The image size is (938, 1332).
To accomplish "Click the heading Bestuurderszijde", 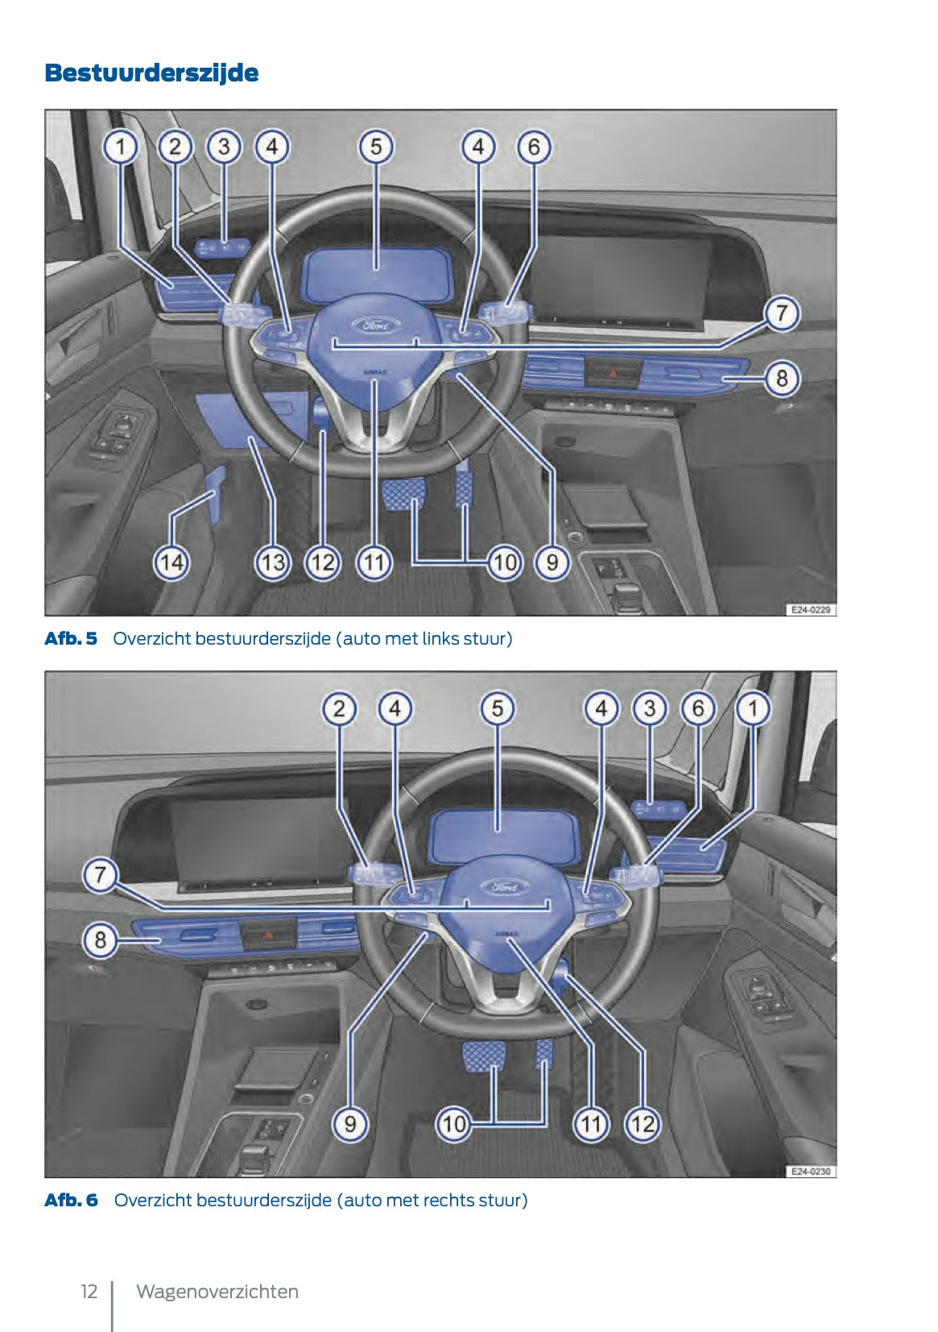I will pos(151,73).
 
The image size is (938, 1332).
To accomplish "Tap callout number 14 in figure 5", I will pos(171,562).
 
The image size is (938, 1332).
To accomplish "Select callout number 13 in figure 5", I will pos(272,562).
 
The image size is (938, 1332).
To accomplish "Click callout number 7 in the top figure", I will pos(781,313).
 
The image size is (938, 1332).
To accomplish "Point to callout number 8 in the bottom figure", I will pos(100,940).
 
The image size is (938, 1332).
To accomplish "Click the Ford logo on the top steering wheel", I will pos(375,326).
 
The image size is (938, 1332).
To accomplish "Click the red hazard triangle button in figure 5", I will pos(613,373).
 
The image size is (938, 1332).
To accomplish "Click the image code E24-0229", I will pos(810,610).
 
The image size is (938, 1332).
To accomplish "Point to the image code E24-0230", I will pos(810,1172).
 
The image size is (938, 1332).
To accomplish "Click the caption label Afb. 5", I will pos(71,639).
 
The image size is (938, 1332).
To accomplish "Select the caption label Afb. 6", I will pos(71,1200).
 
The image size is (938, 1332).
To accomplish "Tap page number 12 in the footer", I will pos(89,1292).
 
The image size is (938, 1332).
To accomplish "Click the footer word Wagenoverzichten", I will pos(217,1292).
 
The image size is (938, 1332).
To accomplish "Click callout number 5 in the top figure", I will pos(376,147).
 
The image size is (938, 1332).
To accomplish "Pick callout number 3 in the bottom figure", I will pos(650,709).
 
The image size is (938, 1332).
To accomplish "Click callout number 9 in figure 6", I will pos(350,1123).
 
